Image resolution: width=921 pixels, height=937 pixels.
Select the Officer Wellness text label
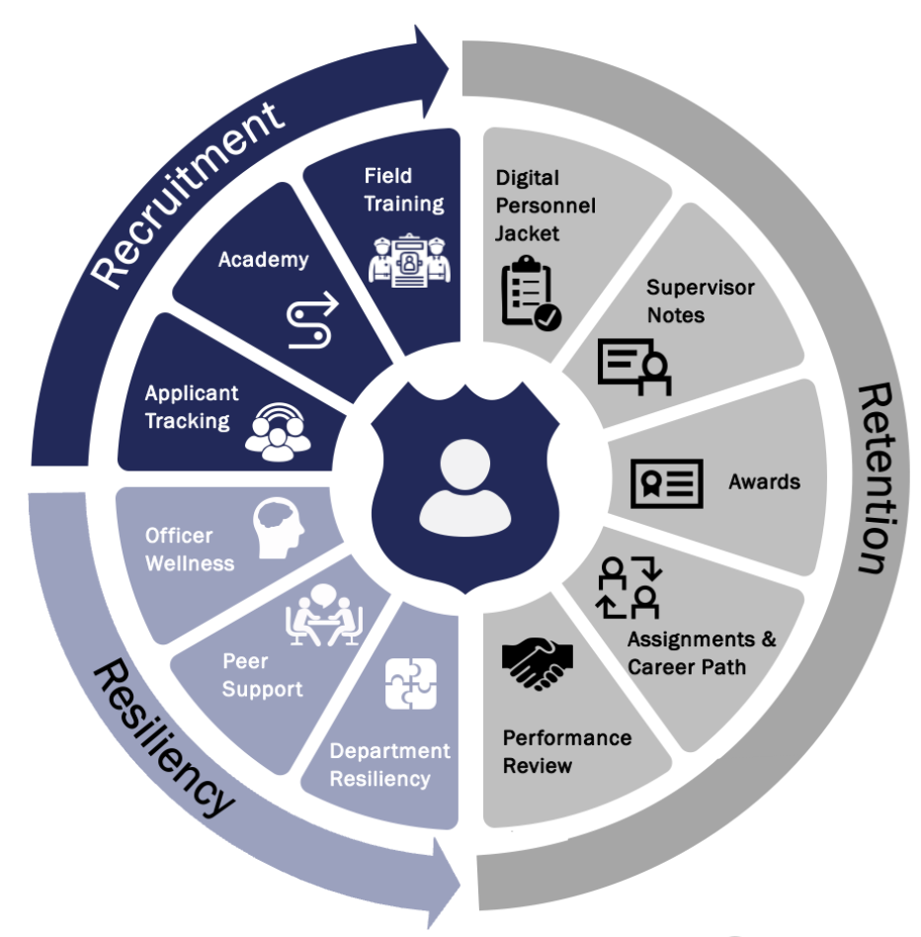point(190,550)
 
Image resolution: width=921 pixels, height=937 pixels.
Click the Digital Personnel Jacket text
point(545,206)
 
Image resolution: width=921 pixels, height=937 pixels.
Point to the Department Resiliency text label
point(389,765)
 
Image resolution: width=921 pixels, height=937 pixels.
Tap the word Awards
point(764,482)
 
